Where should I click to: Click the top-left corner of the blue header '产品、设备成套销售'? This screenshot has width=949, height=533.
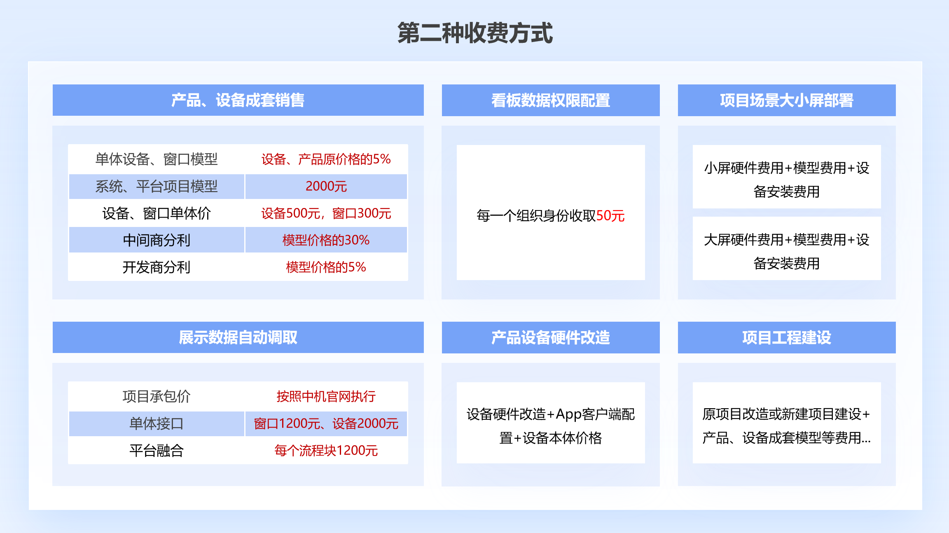[53, 84]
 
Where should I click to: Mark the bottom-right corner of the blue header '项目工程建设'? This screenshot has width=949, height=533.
[896, 353]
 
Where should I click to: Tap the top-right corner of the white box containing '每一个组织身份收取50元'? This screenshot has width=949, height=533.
[645, 145]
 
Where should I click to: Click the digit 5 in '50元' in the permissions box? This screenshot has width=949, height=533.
[600, 215]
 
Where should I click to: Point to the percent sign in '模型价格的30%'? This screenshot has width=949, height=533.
[364, 240]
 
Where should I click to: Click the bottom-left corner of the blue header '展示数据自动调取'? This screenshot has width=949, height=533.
[53, 353]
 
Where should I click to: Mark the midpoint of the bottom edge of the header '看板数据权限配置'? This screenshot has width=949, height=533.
[551, 116]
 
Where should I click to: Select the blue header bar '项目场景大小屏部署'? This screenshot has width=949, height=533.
[787, 100]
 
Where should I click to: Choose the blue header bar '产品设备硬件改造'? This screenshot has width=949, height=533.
[551, 337]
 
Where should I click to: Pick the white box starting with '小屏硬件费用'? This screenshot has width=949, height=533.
[787, 177]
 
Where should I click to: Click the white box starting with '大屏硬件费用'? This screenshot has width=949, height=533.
[787, 248]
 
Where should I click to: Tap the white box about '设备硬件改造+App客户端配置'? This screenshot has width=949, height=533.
[551, 423]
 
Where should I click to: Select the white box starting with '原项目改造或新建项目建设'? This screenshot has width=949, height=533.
[787, 423]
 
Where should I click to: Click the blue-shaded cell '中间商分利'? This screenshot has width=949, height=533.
[157, 240]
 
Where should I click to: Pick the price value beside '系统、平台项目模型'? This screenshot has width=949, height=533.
[326, 186]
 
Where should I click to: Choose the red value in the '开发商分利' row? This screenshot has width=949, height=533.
[326, 267]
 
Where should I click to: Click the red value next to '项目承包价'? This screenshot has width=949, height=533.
[326, 396]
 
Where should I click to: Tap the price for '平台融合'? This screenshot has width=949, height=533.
[326, 450]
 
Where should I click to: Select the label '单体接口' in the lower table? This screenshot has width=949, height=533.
[157, 423]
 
